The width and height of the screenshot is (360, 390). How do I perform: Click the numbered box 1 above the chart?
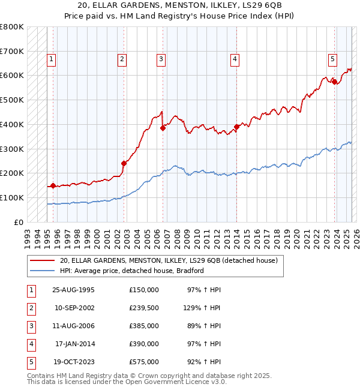click(52, 59)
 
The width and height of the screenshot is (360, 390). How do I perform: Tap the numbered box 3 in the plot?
click(161, 59)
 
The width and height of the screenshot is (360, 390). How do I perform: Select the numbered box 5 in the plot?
click(332, 59)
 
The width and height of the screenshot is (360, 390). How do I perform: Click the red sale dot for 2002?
click(124, 163)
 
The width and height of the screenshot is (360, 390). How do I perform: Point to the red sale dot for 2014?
click(236, 127)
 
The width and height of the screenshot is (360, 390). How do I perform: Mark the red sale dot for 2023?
click(334, 82)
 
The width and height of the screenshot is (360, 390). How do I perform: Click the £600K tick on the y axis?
click(12, 76)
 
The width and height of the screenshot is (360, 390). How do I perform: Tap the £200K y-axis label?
click(12, 173)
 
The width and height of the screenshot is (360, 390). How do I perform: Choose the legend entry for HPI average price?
click(131, 271)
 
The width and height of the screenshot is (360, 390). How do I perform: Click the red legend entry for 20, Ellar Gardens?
click(168, 261)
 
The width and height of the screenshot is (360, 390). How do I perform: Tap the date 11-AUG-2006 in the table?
click(74, 326)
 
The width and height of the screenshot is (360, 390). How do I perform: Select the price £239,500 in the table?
click(144, 308)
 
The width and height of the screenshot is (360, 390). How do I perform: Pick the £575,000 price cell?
click(144, 362)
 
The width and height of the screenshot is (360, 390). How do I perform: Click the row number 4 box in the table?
click(31, 344)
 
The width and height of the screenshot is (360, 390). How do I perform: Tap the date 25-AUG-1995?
click(74, 290)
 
